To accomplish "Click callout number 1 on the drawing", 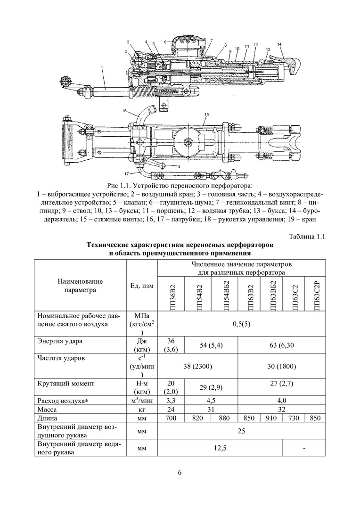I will point(102,68).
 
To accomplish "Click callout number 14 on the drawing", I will point(279,45).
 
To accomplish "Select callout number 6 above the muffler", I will point(165,41).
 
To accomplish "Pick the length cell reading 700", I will point(170,418).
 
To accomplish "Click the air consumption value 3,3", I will point(170,400).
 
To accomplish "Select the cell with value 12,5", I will point(219,449).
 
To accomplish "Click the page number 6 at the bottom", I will point(180,473).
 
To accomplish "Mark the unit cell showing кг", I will point(142,409).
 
